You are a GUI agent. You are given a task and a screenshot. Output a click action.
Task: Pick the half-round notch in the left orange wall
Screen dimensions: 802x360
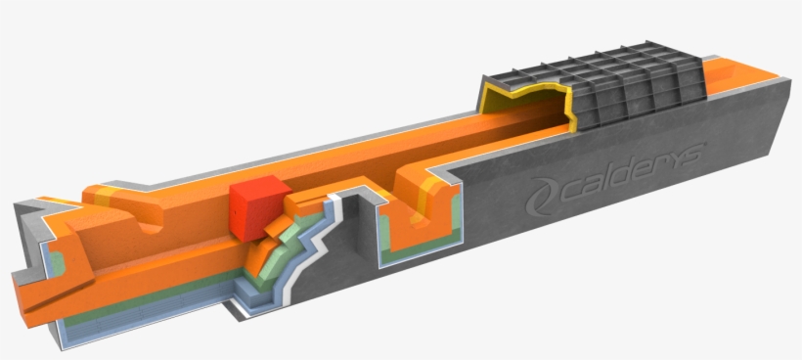[150, 226]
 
